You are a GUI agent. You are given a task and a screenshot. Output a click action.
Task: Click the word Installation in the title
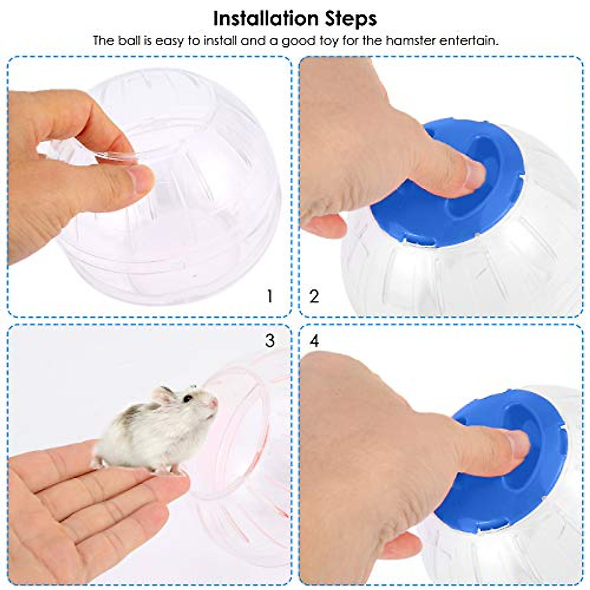pos(266,19)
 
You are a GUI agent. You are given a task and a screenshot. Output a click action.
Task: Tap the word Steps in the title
pos(351,19)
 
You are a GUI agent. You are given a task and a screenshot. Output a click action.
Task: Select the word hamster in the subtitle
pos(411,41)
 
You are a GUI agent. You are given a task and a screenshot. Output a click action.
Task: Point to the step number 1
pos(269,296)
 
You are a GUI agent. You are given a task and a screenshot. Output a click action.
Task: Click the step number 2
pos(314,296)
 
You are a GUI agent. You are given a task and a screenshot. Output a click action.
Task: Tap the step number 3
pos(269,341)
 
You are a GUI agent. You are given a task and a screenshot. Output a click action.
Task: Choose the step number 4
pos(314,341)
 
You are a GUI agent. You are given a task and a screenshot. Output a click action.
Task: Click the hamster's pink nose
pos(213,403)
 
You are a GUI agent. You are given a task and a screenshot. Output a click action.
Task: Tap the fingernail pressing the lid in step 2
pos(474,175)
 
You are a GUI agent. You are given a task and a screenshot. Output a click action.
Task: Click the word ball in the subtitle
pos(129,41)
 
